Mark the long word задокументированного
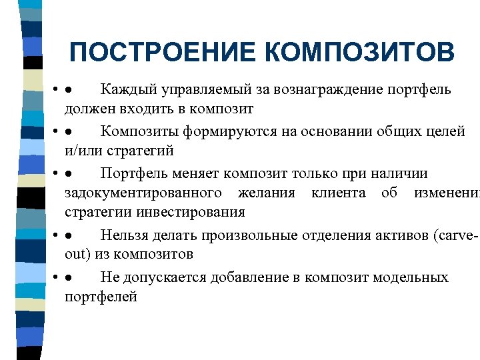click(x=143, y=193)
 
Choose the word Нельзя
click(x=125, y=235)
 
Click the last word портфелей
click(x=101, y=296)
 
